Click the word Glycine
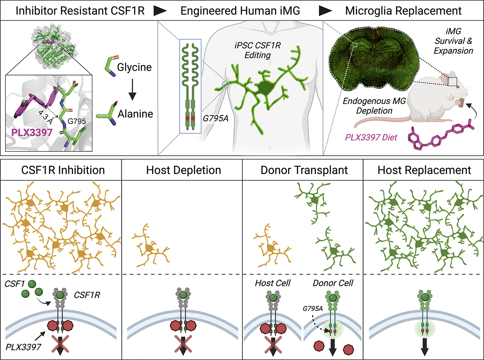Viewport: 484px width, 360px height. click(x=133, y=67)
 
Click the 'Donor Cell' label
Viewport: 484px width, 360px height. click(x=333, y=283)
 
